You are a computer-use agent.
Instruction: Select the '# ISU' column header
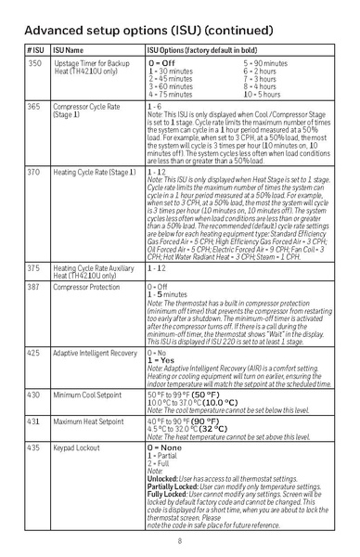coord(35,48)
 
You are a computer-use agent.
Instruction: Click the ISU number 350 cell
coord(34,62)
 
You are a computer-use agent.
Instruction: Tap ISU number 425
coord(34,354)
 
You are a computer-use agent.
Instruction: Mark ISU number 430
coord(34,395)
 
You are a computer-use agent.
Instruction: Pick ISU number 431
coord(34,421)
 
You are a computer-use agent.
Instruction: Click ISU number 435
coord(34,447)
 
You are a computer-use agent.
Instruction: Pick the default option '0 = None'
coord(171,447)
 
